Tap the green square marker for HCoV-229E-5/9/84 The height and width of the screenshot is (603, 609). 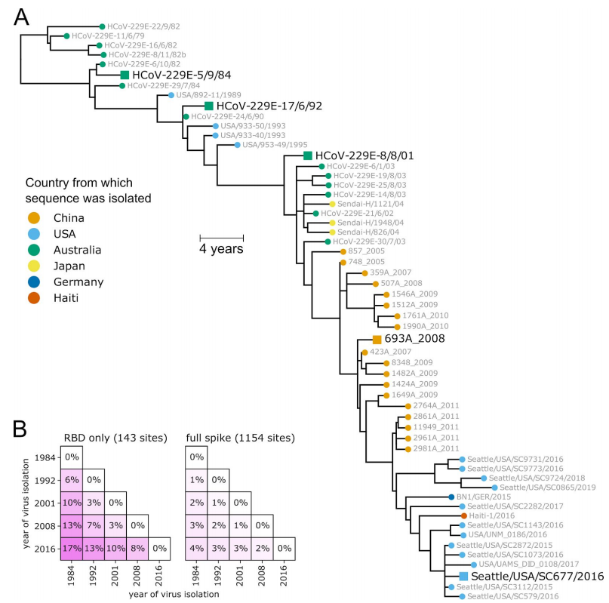tap(125, 75)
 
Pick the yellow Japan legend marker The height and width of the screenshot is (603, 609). tap(34, 266)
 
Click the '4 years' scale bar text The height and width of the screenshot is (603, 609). tap(221, 248)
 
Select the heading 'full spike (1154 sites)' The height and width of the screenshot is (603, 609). tap(241, 438)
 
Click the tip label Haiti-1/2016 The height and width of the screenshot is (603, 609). tap(491, 515)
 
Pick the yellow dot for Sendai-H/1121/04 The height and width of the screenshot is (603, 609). tap(333, 204)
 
